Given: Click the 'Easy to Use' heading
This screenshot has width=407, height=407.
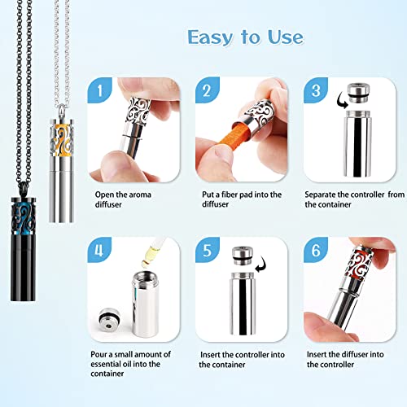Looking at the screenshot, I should point(245,37).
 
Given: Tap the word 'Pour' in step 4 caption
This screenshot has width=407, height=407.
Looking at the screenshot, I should point(100,356).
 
